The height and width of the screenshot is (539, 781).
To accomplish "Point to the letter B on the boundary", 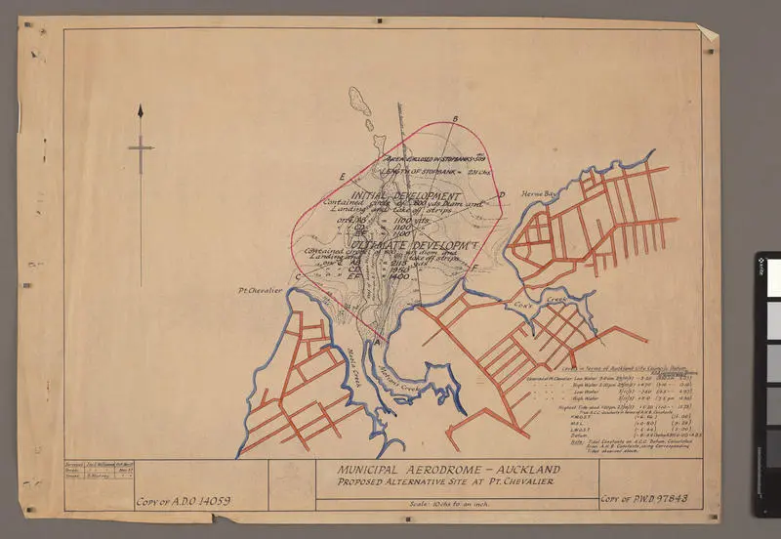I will click(455, 119).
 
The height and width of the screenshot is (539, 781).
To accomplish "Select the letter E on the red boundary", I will click(342, 176).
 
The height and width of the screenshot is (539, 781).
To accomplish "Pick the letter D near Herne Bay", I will click(501, 195).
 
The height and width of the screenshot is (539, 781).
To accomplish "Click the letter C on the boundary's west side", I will click(297, 276).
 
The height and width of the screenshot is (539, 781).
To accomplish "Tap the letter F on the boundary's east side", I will click(474, 268).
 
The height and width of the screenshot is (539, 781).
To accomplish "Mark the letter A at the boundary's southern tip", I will click(378, 342).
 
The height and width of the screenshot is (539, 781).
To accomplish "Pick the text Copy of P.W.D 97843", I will click(645, 499).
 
